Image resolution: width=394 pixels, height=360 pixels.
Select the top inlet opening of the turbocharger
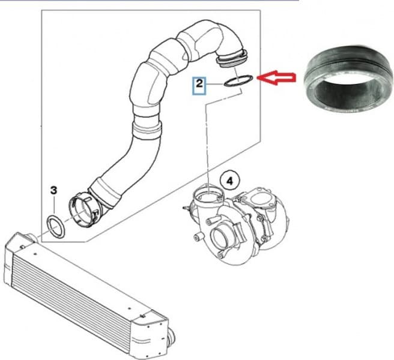pyautogui.click(x=207, y=194)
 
